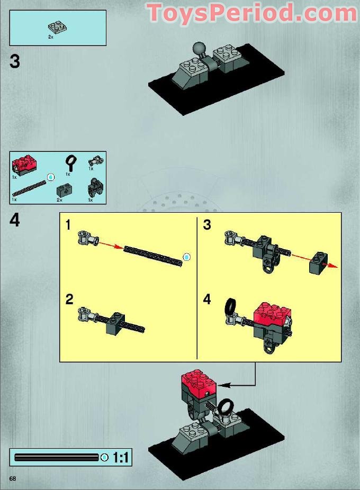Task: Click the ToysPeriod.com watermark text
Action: click(x=252, y=13)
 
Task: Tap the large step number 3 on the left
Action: click(x=15, y=62)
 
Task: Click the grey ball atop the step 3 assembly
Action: click(x=199, y=48)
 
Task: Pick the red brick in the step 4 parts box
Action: click(x=23, y=165)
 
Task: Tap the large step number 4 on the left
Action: click(x=15, y=221)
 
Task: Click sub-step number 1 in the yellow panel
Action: click(x=69, y=225)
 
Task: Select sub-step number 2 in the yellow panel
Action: click(x=69, y=300)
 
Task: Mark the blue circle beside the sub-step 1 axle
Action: click(x=186, y=257)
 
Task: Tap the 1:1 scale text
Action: click(x=121, y=458)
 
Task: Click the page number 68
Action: click(x=12, y=479)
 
